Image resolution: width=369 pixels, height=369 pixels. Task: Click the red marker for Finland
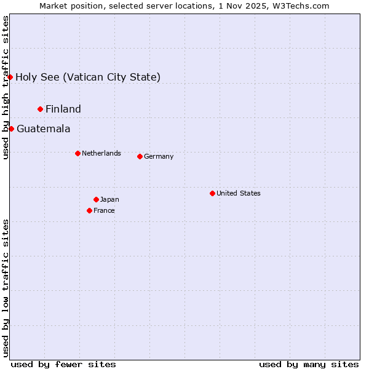tap(41, 109)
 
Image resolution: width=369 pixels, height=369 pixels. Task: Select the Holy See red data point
tap(10, 77)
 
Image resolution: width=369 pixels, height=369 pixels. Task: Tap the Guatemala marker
tap(11, 129)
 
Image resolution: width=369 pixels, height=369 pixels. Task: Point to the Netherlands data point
tap(77, 153)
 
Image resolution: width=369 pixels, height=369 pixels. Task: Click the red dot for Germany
tap(140, 156)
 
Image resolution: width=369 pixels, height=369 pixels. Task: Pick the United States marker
tap(212, 193)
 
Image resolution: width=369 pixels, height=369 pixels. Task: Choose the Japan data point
tap(96, 199)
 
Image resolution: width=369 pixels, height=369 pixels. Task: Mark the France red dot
tap(90, 210)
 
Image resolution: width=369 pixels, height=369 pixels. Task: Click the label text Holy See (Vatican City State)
tap(88, 77)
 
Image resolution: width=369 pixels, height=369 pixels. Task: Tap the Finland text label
tap(63, 109)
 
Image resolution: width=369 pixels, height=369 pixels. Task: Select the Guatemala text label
tap(43, 129)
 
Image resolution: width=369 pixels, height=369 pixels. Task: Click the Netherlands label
tap(101, 153)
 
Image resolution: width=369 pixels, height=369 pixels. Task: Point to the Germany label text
tap(159, 156)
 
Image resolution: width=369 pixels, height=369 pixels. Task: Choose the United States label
tap(239, 193)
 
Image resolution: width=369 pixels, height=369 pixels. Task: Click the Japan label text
tap(109, 199)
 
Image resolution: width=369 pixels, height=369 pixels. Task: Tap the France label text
tap(104, 210)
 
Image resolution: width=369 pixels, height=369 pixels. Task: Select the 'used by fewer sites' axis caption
tap(63, 364)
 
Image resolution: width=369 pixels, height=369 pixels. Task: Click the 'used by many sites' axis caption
tap(309, 364)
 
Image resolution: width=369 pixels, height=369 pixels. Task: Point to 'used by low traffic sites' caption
tap(6, 287)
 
